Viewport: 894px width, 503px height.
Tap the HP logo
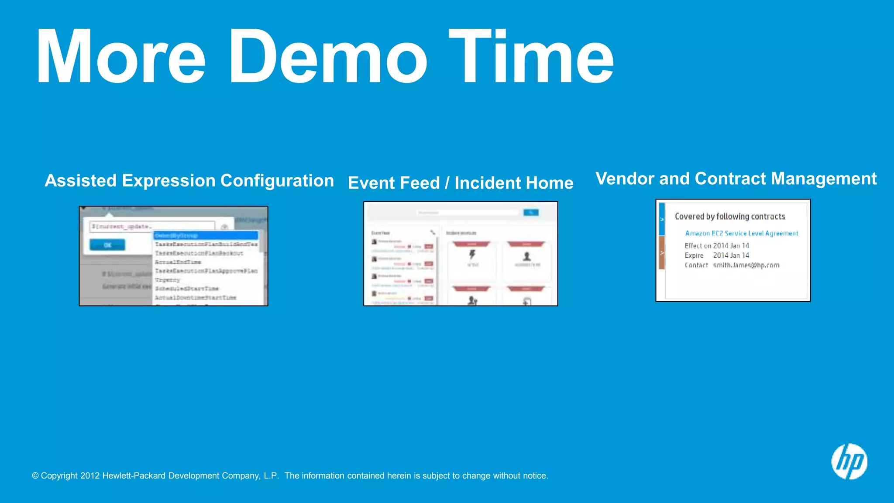(849, 462)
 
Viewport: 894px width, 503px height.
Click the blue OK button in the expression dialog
(107, 245)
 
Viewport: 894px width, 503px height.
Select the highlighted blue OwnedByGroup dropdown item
(205, 235)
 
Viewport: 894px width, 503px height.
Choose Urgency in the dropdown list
(168, 280)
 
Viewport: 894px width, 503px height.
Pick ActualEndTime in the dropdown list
(178, 262)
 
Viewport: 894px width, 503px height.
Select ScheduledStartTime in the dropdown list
(187, 289)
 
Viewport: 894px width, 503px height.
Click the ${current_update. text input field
(152, 226)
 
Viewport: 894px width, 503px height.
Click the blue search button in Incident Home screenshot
(531, 213)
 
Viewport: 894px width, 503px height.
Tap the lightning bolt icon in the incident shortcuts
(472, 255)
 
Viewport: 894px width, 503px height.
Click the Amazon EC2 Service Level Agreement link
(741, 234)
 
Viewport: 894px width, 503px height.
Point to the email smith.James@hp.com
(746, 265)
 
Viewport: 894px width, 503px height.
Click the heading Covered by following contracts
(730, 217)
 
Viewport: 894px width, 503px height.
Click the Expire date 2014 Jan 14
(731, 255)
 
